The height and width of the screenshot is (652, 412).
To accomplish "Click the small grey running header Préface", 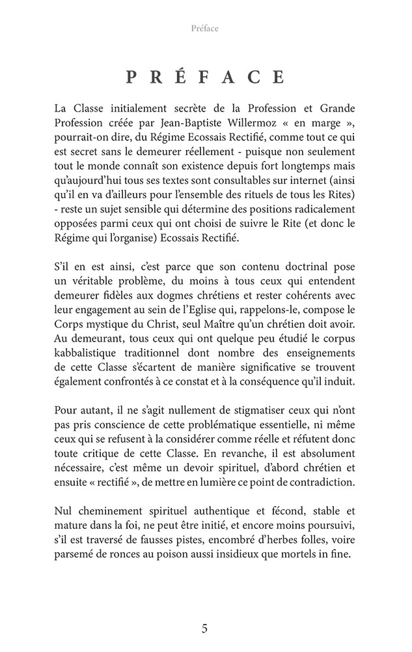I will [x=205, y=28].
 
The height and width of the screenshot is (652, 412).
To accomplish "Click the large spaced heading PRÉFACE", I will [x=205, y=78].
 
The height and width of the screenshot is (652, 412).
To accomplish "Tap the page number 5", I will [x=205, y=629].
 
